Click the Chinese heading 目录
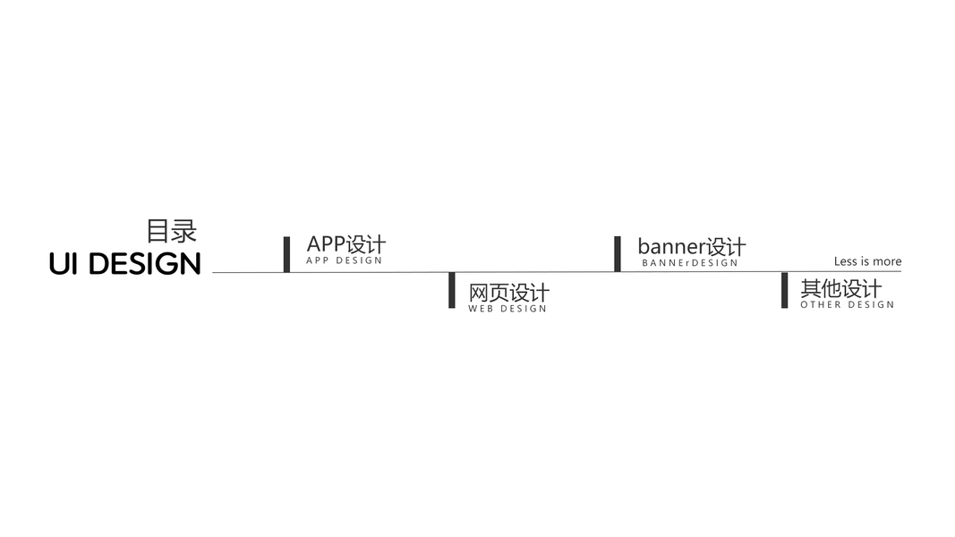point(171,231)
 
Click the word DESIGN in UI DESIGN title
point(145,264)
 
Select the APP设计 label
point(345,243)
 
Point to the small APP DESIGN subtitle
point(344,260)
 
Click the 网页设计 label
point(508,293)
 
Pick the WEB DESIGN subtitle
point(507,309)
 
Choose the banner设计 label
point(691,246)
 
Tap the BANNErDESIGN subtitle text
point(690,263)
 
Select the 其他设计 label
point(840,288)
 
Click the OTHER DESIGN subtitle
point(847,304)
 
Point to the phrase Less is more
point(867,261)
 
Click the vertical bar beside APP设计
point(286,254)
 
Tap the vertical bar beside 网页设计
point(452,290)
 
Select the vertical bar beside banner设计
point(618,254)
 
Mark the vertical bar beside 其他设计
point(785,290)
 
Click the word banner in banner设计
point(671,246)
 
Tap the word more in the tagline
point(887,261)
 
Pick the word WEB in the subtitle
point(481,309)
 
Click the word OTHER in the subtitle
point(821,304)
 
